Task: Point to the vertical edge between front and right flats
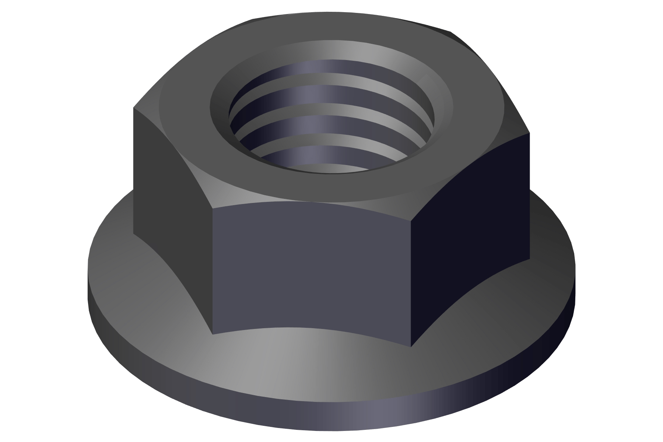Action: pyautogui.click(x=411, y=284)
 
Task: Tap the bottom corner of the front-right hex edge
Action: pyautogui.click(x=411, y=346)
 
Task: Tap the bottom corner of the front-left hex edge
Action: pyautogui.click(x=213, y=334)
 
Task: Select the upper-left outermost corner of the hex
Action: pyautogui.click(x=133, y=108)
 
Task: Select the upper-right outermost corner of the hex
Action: pyautogui.click(x=530, y=133)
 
